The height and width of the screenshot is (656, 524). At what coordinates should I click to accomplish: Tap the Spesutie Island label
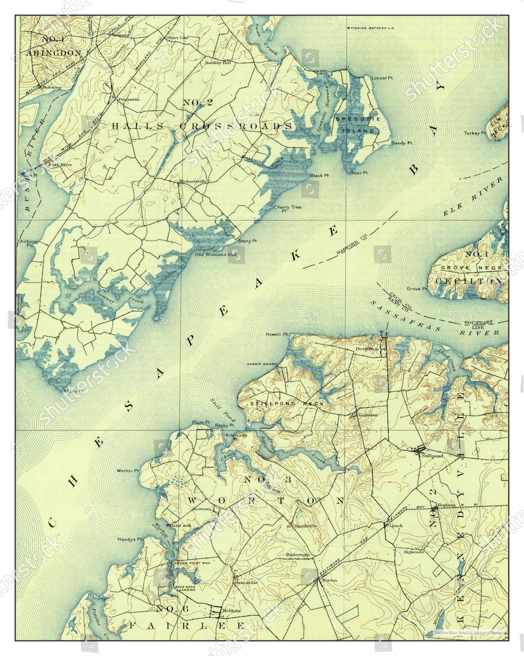(x=355, y=125)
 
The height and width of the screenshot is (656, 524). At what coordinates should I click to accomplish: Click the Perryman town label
(x=129, y=99)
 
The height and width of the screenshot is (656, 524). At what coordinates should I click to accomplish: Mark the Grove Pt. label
(x=417, y=289)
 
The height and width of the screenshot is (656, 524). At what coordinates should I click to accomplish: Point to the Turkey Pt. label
(x=475, y=133)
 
